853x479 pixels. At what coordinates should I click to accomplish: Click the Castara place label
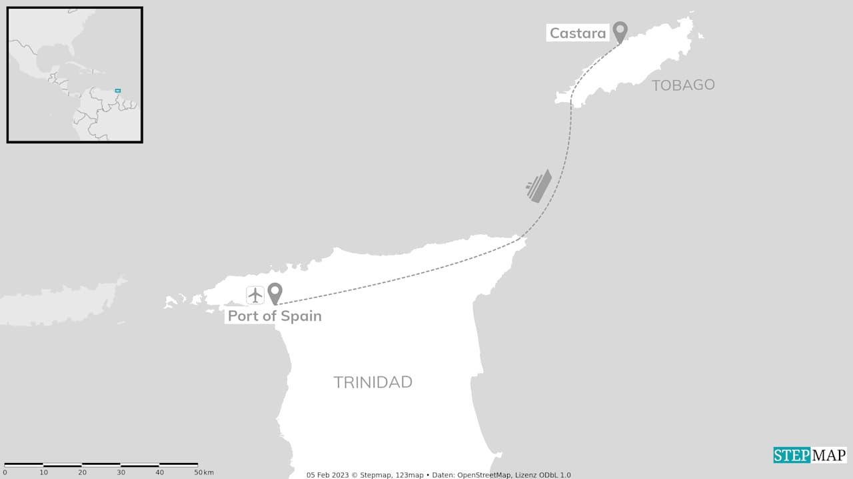577,33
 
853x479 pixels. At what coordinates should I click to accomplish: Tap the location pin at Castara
620,31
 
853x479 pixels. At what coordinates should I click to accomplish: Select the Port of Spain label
275,316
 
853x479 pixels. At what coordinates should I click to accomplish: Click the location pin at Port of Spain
275,292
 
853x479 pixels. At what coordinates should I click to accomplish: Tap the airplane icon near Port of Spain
255,295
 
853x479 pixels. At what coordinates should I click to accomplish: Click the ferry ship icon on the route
538,185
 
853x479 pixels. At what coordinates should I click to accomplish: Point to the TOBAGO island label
683,85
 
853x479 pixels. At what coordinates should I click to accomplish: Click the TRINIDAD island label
373,382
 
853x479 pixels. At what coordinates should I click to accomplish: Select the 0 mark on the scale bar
5,472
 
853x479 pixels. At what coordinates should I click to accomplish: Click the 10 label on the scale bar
43,472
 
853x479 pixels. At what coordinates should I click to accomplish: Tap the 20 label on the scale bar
82,472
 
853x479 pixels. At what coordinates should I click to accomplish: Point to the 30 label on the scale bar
121,472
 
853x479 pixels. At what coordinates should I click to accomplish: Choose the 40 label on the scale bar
159,472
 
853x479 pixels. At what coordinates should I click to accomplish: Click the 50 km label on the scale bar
203,472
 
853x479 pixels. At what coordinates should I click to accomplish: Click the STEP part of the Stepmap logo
792,455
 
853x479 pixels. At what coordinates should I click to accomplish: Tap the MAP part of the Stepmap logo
828,455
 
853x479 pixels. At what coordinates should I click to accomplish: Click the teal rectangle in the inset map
118,90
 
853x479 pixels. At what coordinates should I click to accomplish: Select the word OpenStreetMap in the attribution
483,475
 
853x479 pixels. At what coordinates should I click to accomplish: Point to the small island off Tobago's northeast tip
700,35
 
